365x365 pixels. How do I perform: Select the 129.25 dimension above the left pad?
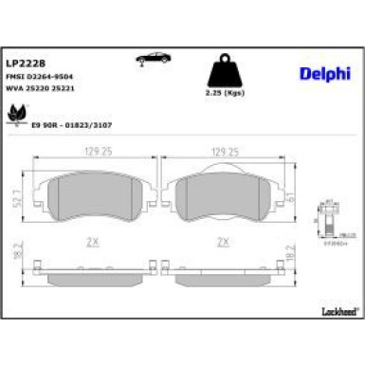click(98, 151)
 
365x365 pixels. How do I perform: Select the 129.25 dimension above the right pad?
click(224, 151)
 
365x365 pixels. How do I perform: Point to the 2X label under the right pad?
click(224, 242)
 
